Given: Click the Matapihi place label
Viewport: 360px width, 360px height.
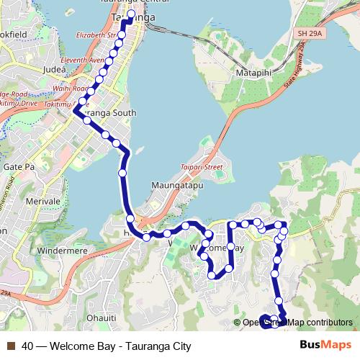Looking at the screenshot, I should [x=250, y=73].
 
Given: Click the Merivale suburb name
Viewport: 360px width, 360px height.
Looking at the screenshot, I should [x=42, y=202].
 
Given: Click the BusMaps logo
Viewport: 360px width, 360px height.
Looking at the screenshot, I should [x=324, y=346].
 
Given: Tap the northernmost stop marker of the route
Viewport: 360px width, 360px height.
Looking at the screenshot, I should [x=131, y=14].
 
